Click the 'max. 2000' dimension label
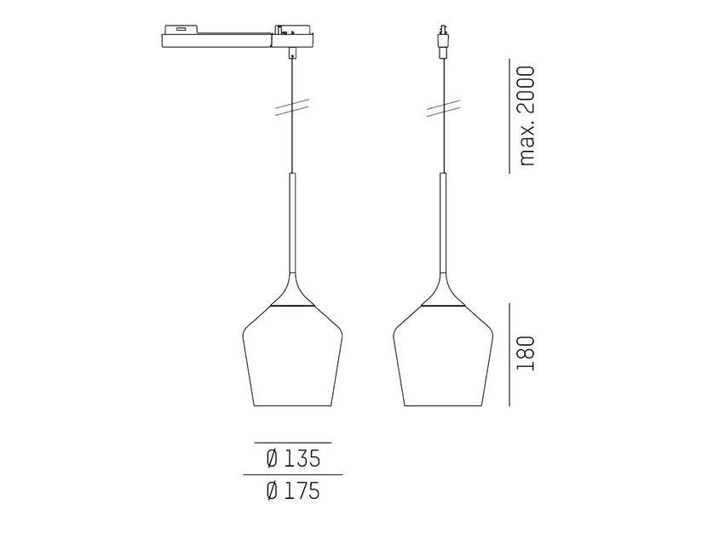pos(526,116)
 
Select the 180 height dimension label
pos(526,353)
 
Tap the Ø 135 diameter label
pos(293,458)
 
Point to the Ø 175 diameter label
pos(293,490)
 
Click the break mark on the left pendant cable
pos(292,107)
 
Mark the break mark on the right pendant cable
pos(444,108)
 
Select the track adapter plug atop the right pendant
pos(443,42)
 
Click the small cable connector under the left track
pos(292,53)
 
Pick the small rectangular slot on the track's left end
pos(180,31)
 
